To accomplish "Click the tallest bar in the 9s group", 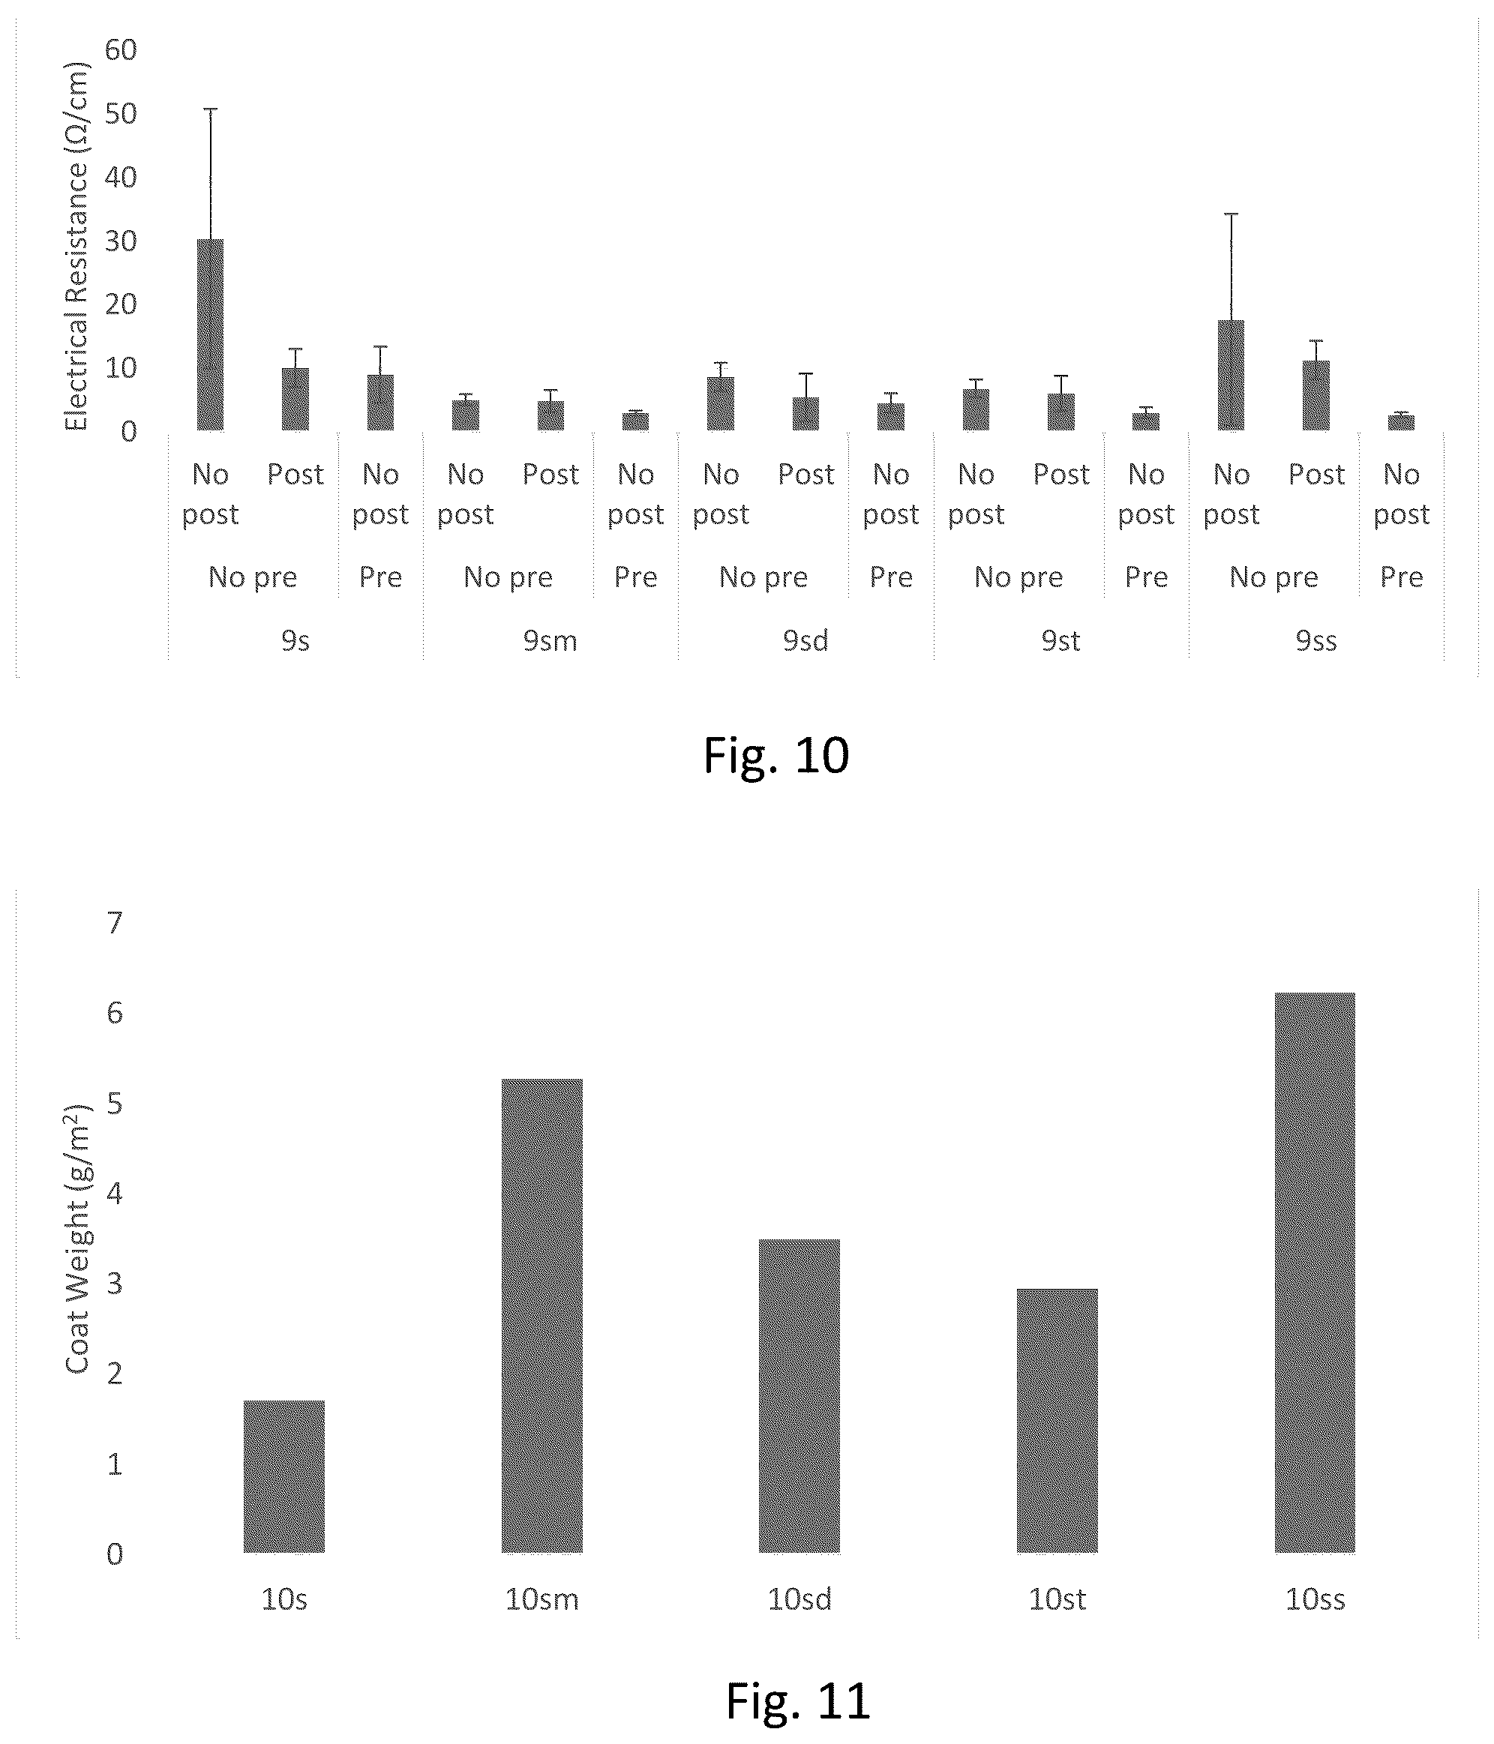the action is pyautogui.click(x=211, y=335).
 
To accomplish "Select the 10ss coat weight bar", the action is pyautogui.click(x=1315, y=1272).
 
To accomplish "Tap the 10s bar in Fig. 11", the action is pyautogui.click(x=283, y=1476).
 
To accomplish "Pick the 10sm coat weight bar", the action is pyautogui.click(x=541, y=1316).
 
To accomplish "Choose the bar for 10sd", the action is pyautogui.click(x=799, y=1395).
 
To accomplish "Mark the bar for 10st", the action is pyautogui.click(x=1057, y=1420).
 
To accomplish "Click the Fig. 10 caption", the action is pyautogui.click(x=775, y=755).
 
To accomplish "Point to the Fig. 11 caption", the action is pyautogui.click(x=797, y=1701).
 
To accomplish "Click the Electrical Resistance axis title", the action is pyautogui.click(x=76, y=247).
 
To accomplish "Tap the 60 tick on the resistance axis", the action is pyautogui.click(x=121, y=49).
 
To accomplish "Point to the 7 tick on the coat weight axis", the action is pyautogui.click(x=115, y=922).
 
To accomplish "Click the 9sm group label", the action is pyautogui.click(x=550, y=640).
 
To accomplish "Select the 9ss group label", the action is pyautogui.click(x=1316, y=640).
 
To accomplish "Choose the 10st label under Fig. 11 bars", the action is pyautogui.click(x=1057, y=1599).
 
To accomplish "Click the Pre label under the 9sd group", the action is pyautogui.click(x=891, y=577).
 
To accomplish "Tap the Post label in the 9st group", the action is pyautogui.click(x=1061, y=474).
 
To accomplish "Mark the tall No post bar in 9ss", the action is pyautogui.click(x=1231, y=376).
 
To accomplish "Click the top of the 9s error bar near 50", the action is pyautogui.click(x=211, y=109).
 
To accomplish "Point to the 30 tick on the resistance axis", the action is pyautogui.click(x=121, y=241).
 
